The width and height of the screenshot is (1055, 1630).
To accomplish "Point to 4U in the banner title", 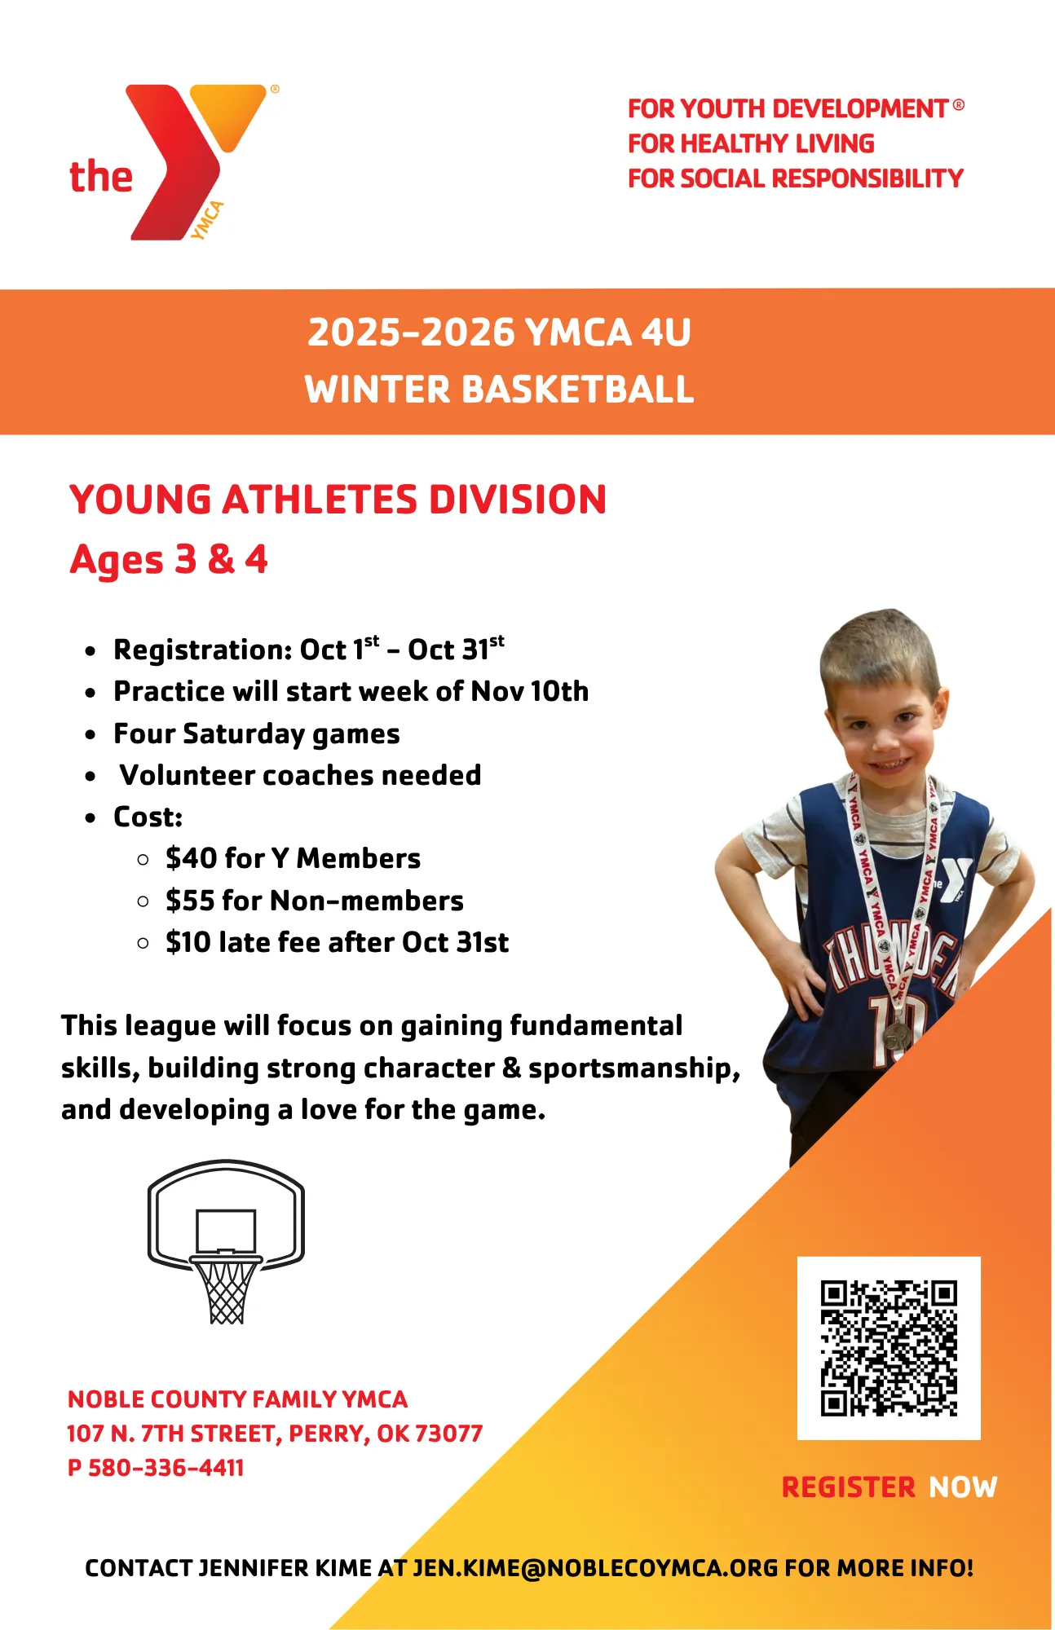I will pyautogui.click(x=665, y=333).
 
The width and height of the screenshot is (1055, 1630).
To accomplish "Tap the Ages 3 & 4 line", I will pyautogui.click(x=169, y=560).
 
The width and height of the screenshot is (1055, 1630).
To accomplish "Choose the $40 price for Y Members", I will pyautogui.click(x=191, y=858).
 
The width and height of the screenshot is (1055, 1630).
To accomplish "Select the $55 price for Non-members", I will pyautogui.click(x=190, y=901).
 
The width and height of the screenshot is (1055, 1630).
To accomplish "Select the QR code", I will pyautogui.click(x=889, y=1348).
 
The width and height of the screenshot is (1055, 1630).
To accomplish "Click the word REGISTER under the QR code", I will pyautogui.click(x=849, y=1487).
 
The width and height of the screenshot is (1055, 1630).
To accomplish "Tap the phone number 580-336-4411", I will pyautogui.click(x=166, y=1468).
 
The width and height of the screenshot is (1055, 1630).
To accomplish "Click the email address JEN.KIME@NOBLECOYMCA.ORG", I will pyautogui.click(x=595, y=1568).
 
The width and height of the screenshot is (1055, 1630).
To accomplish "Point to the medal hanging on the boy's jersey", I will pyautogui.click(x=898, y=1034).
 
